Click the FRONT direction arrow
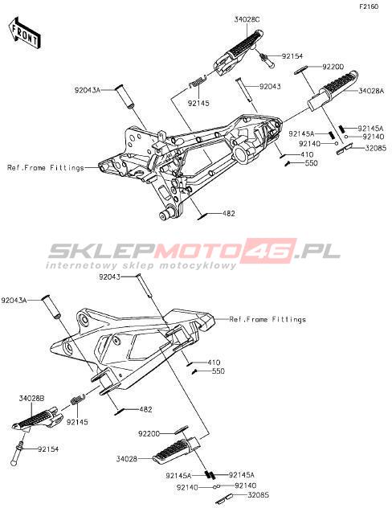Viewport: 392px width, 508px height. (x=25, y=34)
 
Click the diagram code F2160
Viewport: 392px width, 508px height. (x=369, y=6)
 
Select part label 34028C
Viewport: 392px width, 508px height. (x=247, y=19)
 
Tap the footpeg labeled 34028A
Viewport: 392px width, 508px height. (x=333, y=90)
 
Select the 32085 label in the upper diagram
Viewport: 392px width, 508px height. (x=375, y=149)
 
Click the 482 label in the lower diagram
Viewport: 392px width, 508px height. (x=145, y=409)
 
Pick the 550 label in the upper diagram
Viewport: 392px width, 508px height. (x=312, y=163)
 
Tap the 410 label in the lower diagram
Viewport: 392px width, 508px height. (x=214, y=363)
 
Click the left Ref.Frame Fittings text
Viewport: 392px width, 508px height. (x=45, y=168)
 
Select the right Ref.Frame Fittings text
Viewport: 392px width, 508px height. (x=267, y=319)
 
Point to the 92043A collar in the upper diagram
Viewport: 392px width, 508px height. (x=125, y=96)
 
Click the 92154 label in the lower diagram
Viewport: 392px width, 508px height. (x=48, y=449)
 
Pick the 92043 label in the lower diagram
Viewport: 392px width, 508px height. (x=109, y=277)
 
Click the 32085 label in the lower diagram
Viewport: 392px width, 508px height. (x=258, y=495)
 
